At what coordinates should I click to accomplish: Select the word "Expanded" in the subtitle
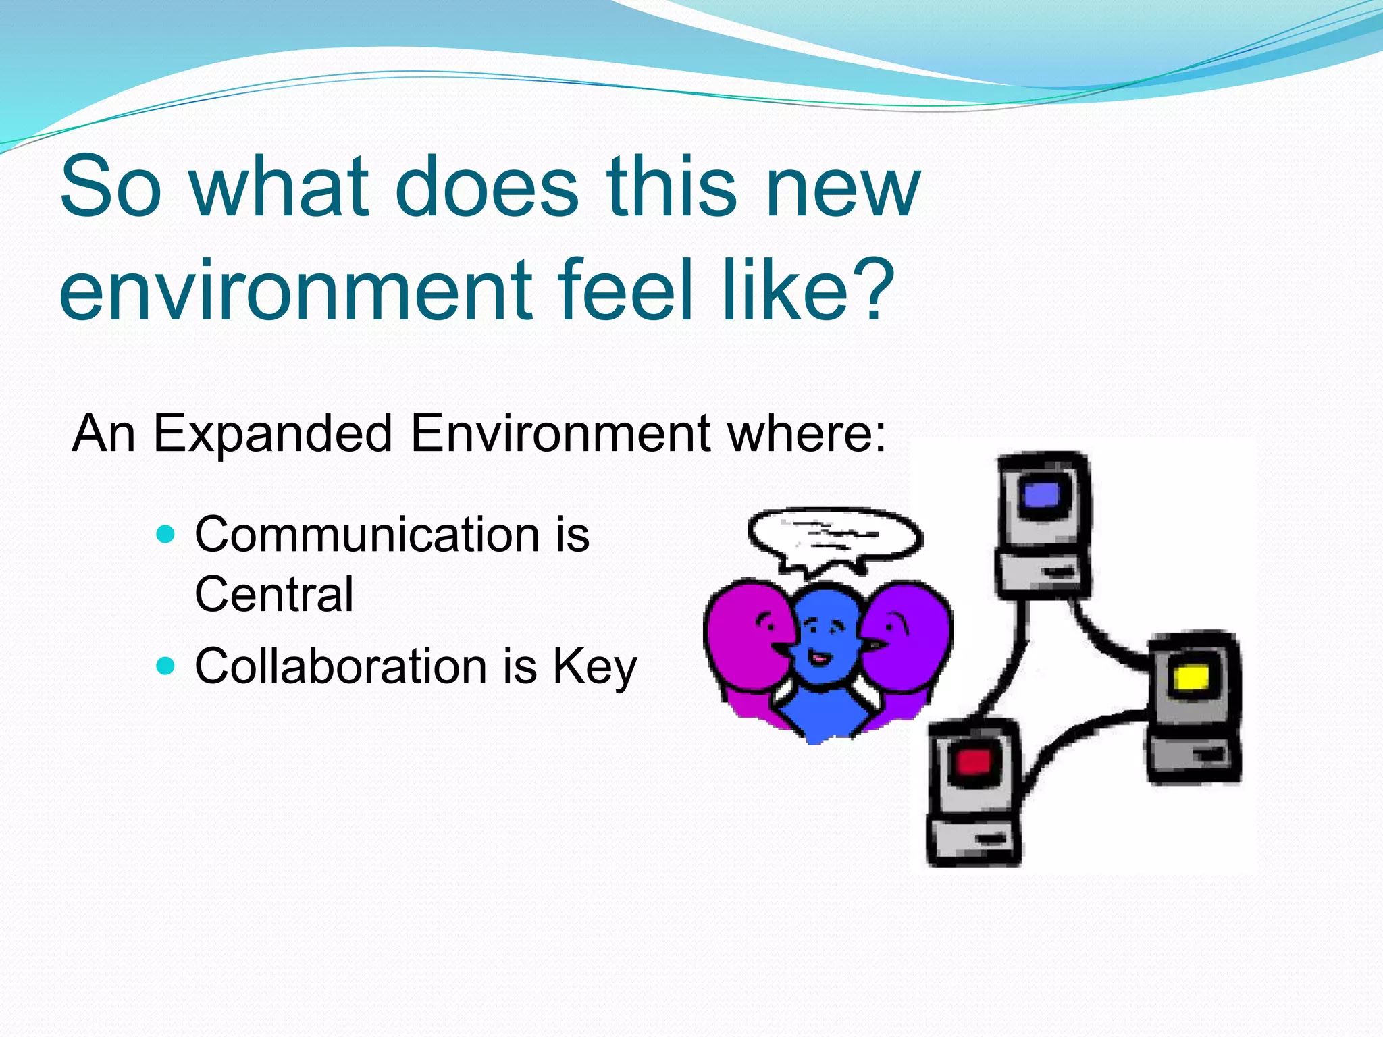pyautogui.click(x=273, y=433)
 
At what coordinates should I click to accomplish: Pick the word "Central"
pyautogui.click(x=273, y=594)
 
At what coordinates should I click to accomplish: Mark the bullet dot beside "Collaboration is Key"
pyautogui.click(x=165, y=666)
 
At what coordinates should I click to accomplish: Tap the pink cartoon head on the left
pyautogui.click(x=746, y=635)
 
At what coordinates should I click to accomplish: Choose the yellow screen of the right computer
pyautogui.click(x=1191, y=678)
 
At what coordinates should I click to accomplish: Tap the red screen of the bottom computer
pyautogui.click(x=973, y=763)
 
